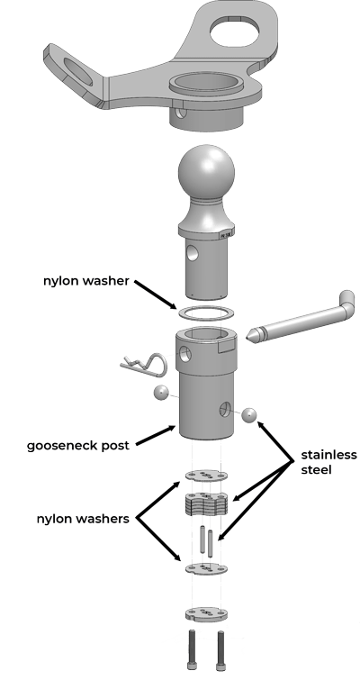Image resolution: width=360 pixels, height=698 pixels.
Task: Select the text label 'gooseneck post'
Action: point(78,446)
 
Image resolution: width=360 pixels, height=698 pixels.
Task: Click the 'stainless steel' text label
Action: point(328,462)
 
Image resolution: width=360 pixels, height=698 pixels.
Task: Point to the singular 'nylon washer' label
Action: point(85,281)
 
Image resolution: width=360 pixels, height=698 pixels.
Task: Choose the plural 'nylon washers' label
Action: point(83,519)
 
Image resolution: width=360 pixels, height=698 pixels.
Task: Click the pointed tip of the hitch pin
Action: point(247,335)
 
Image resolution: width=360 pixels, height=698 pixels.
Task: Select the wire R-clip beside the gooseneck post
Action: point(143,361)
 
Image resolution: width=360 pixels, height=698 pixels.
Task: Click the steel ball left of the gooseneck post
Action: point(160,393)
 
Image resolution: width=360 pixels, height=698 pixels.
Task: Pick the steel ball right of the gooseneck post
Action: point(249,415)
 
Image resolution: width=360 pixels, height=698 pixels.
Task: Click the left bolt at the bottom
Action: point(193,650)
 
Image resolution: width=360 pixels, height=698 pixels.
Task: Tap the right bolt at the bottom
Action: point(220,651)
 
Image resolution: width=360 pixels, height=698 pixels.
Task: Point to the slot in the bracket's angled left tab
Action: point(79,71)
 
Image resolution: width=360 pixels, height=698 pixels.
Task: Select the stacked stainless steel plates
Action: point(206,503)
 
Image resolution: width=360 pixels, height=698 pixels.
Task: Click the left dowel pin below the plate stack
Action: point(202,539)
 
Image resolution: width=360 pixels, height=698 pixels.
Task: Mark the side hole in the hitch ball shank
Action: point(193,253)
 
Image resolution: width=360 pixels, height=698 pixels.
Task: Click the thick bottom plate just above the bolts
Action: point(206,614)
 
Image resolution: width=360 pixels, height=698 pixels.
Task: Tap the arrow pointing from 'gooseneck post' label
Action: point(156,435)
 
